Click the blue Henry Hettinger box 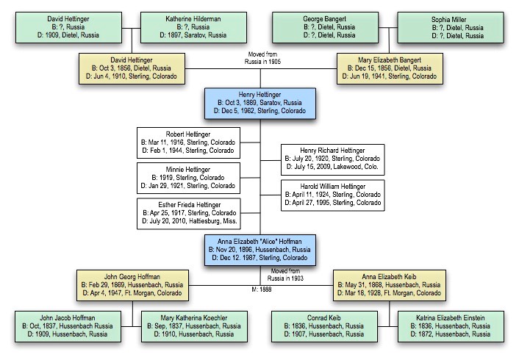[x=262, y=103]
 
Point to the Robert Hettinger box [x=188, y=142]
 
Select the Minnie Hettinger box [x=188, y=177]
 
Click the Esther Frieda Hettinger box [x=188, y=214]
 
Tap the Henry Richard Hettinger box [x=332, y=159]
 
